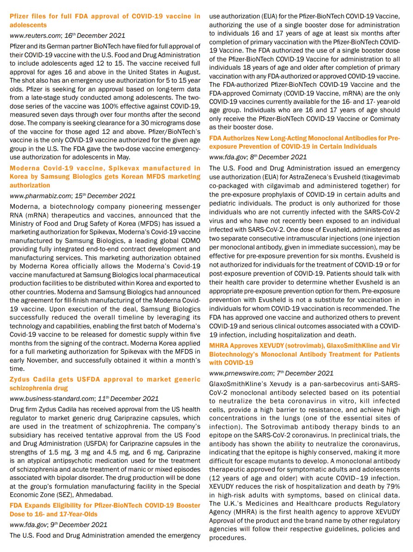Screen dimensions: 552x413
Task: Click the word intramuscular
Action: (x=309, y=239)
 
